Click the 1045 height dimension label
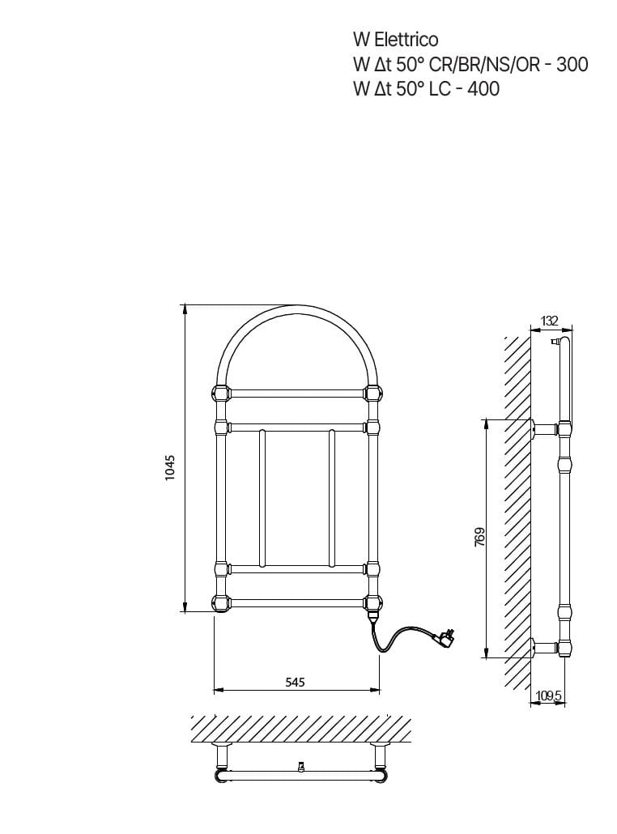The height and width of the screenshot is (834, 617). (169, 468)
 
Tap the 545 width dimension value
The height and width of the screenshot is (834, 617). (296, 683)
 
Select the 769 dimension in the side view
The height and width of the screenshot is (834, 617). (479, 538)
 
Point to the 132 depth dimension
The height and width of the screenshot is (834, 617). (550, 321)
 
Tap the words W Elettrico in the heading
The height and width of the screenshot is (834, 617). (395, 40)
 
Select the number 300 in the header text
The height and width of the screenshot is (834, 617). (572, 65)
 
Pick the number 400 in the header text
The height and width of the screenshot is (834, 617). (483, 89)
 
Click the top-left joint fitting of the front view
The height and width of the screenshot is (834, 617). (220, 394)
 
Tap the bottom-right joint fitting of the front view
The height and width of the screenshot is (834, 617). (373, 602)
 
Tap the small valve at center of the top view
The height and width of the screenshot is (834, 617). (301, 765)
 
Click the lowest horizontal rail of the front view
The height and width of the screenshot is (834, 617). (296, 602)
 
